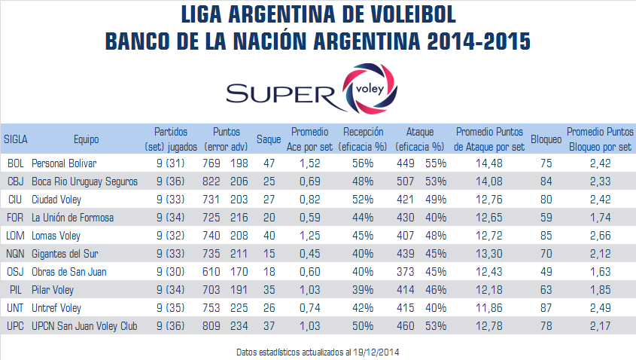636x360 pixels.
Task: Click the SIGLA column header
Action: pyautogui.click(x=16, y=139)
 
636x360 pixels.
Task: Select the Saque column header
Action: pyautogui.click(x=269, y=139)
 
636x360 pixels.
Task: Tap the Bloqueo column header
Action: pyautogui.click(x=545, y=139)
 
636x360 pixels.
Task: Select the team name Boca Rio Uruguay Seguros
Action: pyautogui.click(x=84, y=181)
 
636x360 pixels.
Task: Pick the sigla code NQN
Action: pyautogui.click(x=16, y=253)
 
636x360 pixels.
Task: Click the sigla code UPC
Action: pyautogui.click(x=16, y=325)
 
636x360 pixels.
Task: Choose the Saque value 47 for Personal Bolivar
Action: pyautogui.click(x=269, y=163)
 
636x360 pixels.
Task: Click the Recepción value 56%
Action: pyautogui.click(x=364, y=163)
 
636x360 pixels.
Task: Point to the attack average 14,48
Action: pyautogui.click(x=490, y=163)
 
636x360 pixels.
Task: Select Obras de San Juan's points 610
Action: pyautogui.click(x=214, y=271)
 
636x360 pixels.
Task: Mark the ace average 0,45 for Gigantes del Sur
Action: pyautogui.click(x=309, y=253)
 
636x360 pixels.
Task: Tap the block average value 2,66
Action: pyautogui.click(x=599, y=235)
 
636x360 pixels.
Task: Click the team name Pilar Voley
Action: pyautogui.click(x=57, y=289)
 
